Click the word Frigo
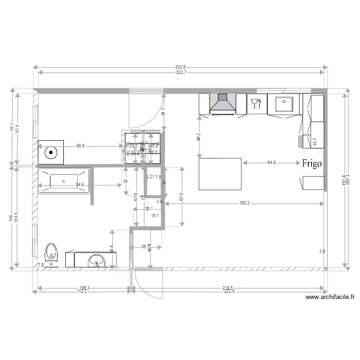pos(312,163)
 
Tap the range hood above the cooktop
pos(222,104)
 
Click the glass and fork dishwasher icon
pos(256,103)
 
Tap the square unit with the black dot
pos(51,153)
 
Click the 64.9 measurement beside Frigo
pos(272,163)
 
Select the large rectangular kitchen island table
pos(220,174)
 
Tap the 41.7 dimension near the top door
pos(163,111)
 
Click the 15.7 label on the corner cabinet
pos(315,142)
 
